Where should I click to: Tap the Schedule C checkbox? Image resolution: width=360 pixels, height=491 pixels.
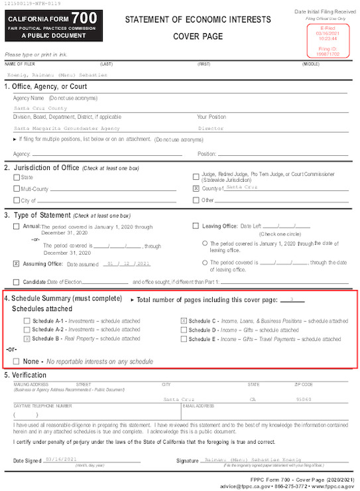[x=184, y=320]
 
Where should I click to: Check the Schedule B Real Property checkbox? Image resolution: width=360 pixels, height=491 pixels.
[x=27, y=338]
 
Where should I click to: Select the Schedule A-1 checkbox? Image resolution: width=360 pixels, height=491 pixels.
[x=27, y=320]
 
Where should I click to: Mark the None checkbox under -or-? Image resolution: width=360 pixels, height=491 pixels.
[x=16, y=362]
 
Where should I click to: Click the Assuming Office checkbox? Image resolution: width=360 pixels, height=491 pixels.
[x=16, y=263]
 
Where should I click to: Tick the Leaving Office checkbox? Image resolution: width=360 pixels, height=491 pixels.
[x=195, y=226]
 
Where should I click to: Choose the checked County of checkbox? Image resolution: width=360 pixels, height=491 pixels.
[x=196, y=188]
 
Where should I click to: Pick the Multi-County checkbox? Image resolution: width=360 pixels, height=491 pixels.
[x=16, y=188]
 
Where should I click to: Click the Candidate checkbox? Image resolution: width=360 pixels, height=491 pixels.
[x=16, y=282]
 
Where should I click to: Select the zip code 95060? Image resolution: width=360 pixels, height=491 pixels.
[x=303, y=399]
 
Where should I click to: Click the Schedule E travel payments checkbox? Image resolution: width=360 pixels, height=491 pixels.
[x=184, y=338]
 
